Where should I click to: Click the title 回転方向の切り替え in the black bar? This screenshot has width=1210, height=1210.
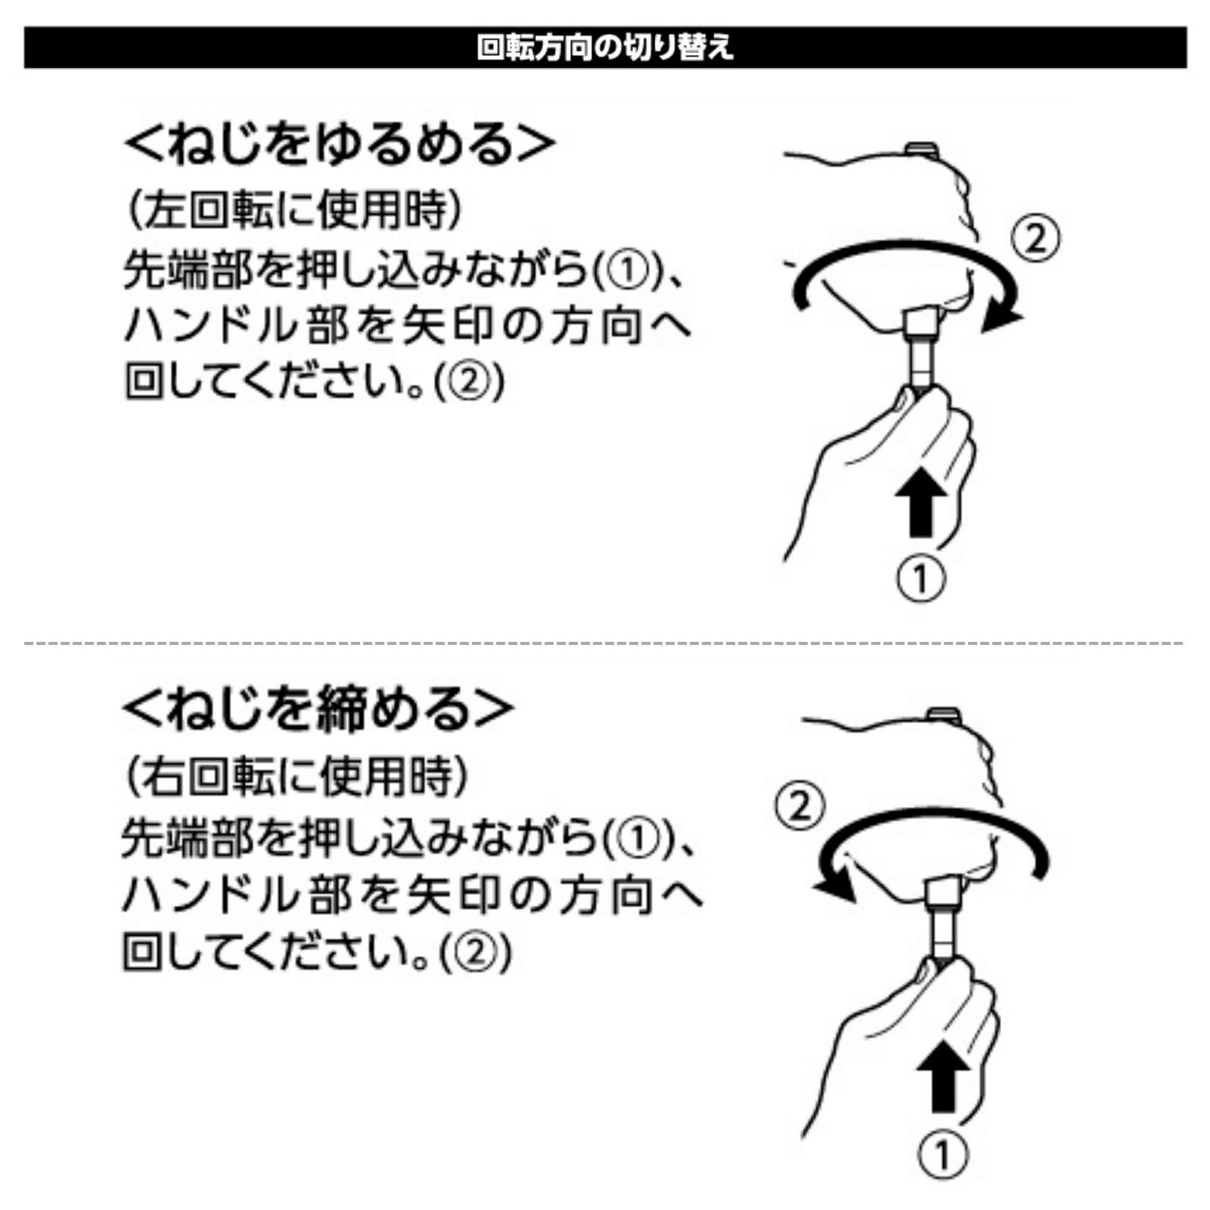pyautogui.click(x=605, y=47)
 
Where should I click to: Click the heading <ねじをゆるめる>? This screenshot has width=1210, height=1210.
pyautogui.click(x=340, y=143)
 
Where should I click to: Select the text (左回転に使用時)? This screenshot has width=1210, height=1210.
pyautogui.click(x=294, y=209)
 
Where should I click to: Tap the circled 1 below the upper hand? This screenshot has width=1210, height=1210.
pyautogui.click(x=920, y=579)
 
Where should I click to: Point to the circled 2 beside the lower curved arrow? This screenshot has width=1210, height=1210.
pyautogui.click(x=799, y=805)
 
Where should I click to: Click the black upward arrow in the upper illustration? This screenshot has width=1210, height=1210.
pyautogui.click(x=920, y=501)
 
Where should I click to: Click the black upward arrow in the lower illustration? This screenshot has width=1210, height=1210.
pyautogui.click(x=942, y=1074)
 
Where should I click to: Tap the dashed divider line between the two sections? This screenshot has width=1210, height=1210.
pyautogui.click(x=605, y=643)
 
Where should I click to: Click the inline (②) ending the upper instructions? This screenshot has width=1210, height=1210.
pyautogui.click(x=469, y=383)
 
